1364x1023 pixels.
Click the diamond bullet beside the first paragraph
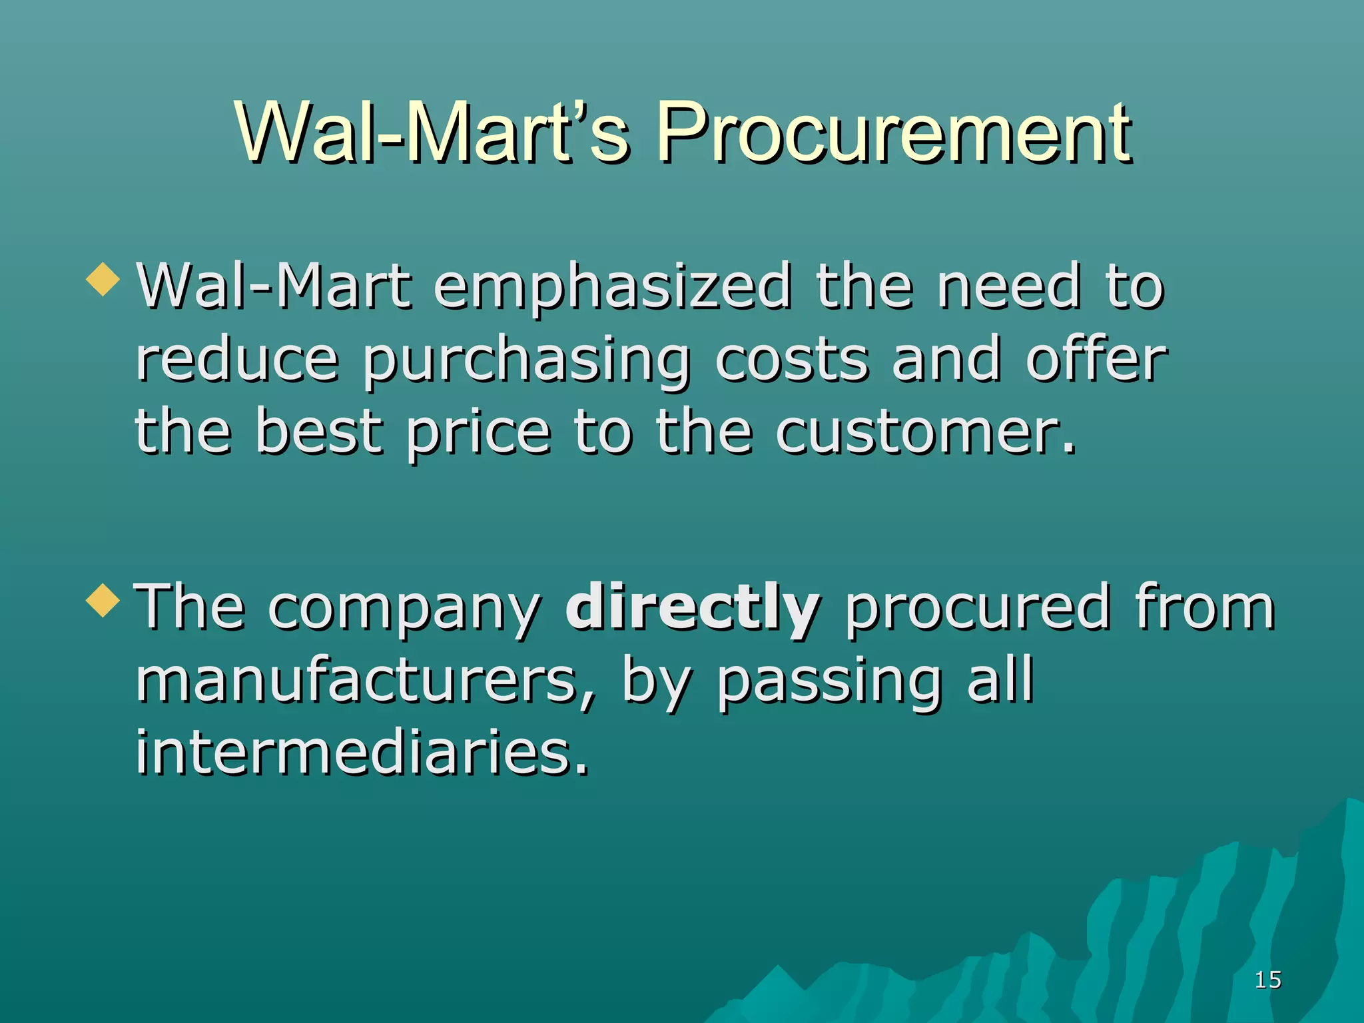click(x=103, y=279)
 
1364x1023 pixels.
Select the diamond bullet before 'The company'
click(x=103, y=600)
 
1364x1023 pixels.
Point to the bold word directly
click(x=693, y=607)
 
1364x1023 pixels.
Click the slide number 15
click(x=1267, y=980)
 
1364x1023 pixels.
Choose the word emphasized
click(x=613, y=288)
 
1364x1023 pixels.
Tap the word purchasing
click(x=526, y=362)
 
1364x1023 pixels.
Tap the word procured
click(x=978, y=607)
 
